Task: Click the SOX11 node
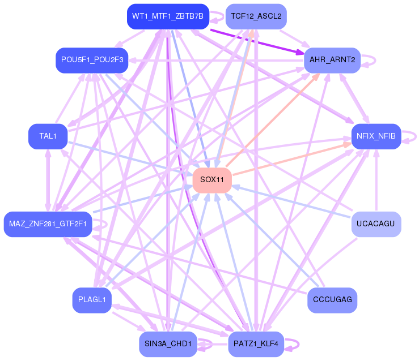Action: (x=212, y=180)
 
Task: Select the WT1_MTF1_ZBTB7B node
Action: (x=168, y=16)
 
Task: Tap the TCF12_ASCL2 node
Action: (x=256, y=16)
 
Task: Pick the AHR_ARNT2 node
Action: (x=332, y=60)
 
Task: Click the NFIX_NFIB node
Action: (x=376, y=136)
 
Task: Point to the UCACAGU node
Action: (x=376, y=224)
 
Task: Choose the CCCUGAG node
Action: (x=332, y=300)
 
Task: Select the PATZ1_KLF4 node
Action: (x=256, y=344)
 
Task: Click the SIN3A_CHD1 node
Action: (x=168, y=344)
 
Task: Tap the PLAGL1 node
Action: (x=92, y=300)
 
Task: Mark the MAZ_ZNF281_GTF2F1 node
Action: (x=48, y=224)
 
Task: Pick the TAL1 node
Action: (x=48, y=136)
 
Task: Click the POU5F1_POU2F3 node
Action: (x=92, y=60)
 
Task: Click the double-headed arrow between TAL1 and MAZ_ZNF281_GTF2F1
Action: (x=48, y=180)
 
